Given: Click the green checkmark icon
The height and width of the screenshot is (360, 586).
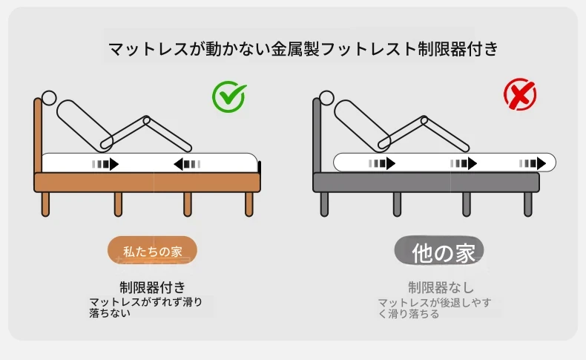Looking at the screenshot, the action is click(x=228, y=96).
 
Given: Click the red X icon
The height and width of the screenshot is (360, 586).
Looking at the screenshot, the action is click(x=520, y=94).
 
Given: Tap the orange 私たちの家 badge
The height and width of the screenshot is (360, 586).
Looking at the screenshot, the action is click(x=152, y=250).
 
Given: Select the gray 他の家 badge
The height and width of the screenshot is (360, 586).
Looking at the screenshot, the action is click(x=439, y=250).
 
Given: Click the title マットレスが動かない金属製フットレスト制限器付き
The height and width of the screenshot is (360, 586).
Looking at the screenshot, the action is click(x=303, y=49).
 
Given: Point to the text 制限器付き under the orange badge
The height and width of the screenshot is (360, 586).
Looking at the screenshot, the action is click(x=153, y=287).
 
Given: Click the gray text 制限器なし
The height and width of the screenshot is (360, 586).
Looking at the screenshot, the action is click(x=441, y=287).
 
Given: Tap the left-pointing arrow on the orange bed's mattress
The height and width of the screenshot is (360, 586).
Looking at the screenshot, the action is click(x=187, y=164).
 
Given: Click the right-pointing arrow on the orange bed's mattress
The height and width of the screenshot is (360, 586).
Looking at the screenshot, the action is click(x=105, y=164).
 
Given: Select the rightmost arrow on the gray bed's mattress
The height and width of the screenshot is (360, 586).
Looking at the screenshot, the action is click(x=532, y=163).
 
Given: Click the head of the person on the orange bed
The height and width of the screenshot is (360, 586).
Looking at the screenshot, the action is click(x=49, y=98).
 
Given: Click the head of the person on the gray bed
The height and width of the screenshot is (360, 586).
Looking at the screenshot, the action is click(x=326, y=98).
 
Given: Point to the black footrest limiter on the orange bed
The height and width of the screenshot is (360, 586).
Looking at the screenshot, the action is click(x=260, y=167).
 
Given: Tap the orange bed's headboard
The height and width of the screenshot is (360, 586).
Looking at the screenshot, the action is click(x=38, y=135).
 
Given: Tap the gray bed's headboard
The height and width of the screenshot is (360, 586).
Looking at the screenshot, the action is click(x=317, y=135).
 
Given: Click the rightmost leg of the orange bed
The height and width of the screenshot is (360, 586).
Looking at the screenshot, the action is click(x=249, y=204).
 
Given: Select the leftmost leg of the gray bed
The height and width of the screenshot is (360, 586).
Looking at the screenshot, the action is click(x=324, y=204).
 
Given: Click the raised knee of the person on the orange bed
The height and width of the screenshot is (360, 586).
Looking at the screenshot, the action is click(x=147, y=120).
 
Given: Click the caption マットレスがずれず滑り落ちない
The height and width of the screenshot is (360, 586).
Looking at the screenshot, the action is click(x=145, y=307).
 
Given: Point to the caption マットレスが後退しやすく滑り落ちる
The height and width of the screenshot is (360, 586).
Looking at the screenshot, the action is click(x=434, y=308).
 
